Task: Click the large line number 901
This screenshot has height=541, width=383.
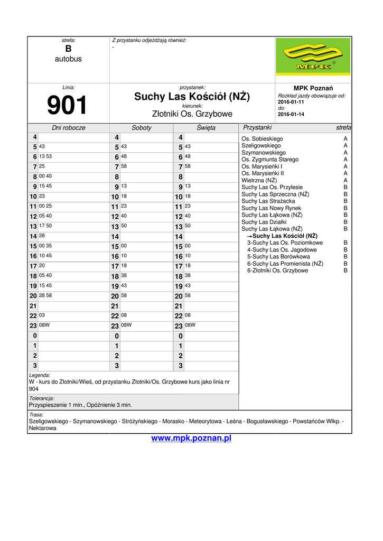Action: (x=68, y=106)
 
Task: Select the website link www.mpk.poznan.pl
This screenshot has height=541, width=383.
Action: (x=191, y=439)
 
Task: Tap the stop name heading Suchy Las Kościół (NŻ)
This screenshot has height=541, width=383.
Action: (x=192, y=97)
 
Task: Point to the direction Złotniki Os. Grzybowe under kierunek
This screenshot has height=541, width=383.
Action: (x=192, y=114)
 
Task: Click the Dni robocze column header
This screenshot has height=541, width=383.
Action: (x=69, y=128)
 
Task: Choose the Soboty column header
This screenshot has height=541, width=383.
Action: (x=142, y=128)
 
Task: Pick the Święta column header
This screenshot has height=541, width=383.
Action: (x=206, y=128)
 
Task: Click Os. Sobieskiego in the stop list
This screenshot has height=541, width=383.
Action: (x=262, y=139)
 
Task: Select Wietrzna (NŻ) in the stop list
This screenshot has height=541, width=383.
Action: (x=259, y=180)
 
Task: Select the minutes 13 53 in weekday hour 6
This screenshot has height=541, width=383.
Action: (x=45, y=157)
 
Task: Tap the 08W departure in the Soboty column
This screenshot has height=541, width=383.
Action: (x=126, y=325)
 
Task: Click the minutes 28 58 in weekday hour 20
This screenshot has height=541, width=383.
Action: (x=45, y=295)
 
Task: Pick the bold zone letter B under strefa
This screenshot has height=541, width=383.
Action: (x=68, y=49)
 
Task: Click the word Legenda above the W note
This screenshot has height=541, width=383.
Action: (x=40, y=375)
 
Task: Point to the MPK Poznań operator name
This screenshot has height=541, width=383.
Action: (x=313, y=88)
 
